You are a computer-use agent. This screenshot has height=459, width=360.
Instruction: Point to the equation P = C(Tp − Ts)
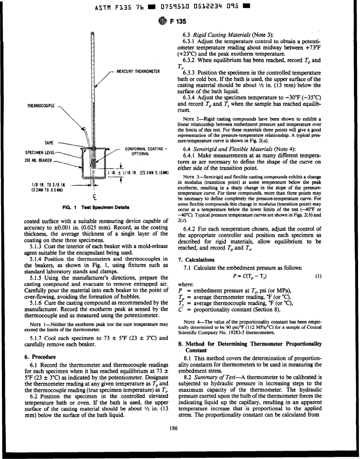coord(251,276)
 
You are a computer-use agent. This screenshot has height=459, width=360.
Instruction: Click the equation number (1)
coord(319,276)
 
